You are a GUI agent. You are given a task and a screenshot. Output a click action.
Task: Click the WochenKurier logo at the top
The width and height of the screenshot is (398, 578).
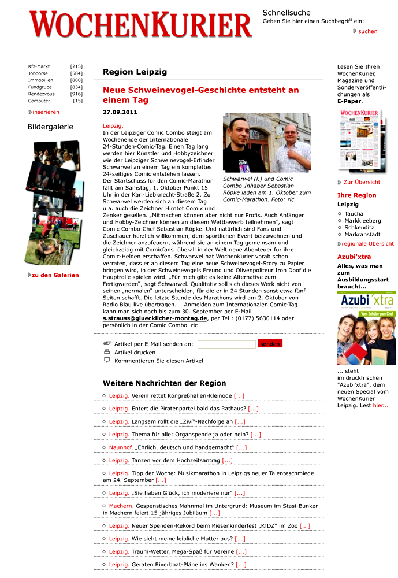point(140,25)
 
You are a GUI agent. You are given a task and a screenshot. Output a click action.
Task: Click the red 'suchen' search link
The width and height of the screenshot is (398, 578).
point(367,31)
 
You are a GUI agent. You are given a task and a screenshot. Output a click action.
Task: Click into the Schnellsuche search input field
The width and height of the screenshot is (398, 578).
point(304,31)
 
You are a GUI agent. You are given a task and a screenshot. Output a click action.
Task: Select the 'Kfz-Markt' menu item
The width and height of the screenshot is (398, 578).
point(39,66)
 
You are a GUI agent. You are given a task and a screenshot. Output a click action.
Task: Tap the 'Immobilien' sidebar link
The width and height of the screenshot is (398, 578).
point(40,80)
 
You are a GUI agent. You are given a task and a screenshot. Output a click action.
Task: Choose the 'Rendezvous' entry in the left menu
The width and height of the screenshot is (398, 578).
point(41,94)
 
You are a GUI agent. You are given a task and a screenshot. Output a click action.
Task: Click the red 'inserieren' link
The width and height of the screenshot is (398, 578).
point(46,112)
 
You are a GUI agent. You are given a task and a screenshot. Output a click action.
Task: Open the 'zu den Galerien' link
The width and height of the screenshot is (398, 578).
point(55,275)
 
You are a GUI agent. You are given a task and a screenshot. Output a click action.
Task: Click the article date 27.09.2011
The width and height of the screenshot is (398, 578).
point(120,112)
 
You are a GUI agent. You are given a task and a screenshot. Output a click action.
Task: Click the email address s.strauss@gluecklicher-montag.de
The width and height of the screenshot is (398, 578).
point(155,318)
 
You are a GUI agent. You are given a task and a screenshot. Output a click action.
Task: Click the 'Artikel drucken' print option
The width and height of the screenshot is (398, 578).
point(135,352)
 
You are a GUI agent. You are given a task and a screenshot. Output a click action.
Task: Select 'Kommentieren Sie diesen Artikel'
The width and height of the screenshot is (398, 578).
point(158,361)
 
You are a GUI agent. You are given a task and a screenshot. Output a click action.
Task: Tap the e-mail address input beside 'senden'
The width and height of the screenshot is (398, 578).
point(226,344)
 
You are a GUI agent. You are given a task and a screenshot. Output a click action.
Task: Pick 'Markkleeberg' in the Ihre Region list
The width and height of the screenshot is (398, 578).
point(363,221)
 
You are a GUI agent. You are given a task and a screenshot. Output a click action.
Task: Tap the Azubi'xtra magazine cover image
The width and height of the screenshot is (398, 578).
point(366,328)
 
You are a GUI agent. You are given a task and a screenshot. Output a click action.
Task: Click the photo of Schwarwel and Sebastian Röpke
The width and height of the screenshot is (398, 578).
point(267,143)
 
